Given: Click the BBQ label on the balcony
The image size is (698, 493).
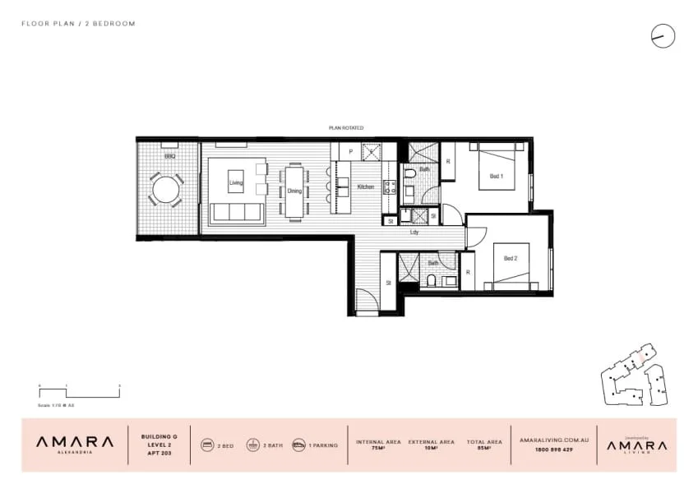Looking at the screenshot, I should [169, 155].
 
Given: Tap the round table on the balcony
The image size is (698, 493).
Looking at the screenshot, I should [166, 190].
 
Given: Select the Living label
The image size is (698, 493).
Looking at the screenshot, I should [236, 182].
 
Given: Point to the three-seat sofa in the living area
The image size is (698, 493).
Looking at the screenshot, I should [237, 213].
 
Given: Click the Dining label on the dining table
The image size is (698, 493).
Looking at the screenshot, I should [294, 191].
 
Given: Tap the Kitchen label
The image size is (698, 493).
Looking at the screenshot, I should [365, 187].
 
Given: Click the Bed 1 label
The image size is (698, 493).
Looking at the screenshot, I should [496, 177].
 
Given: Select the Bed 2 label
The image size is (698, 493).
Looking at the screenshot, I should [510, 258].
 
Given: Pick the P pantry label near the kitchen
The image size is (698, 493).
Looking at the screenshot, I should [351, 152].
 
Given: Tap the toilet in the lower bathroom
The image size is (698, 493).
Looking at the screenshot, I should [431, 281].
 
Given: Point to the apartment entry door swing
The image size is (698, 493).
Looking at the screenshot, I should [367, 304].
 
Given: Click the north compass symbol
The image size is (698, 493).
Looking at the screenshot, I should [663, 35].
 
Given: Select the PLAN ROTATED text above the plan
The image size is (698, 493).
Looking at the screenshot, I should [345, 128].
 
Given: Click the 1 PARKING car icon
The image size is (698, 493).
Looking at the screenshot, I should [298, 445].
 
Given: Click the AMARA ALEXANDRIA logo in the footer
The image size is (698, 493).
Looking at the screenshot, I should [75, 445].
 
